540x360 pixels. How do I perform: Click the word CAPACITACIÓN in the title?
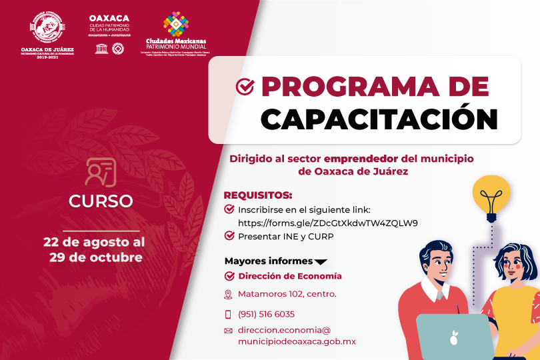(x=379, y=118)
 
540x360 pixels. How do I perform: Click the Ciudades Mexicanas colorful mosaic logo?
(x=176, y=25)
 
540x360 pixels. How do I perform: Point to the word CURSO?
(x=101, y=201)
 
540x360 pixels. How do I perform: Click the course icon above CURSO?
(x=101, y=171)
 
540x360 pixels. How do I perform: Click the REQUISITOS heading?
(x=258, y=195)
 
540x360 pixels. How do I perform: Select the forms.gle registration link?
(x=327, y=223)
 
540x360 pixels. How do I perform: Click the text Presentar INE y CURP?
(x=285, y=236)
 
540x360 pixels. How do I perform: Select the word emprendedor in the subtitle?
(x=360, y=159)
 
